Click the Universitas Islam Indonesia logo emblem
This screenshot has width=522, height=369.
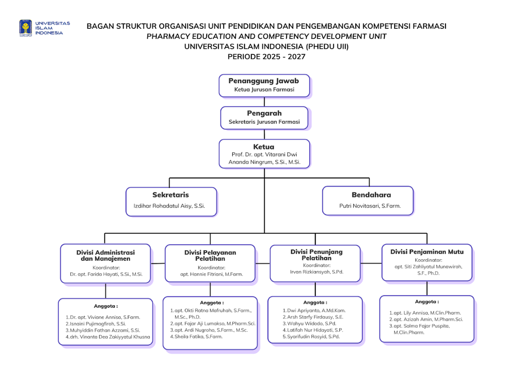[26, 28]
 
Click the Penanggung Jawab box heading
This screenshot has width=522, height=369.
[263, 81]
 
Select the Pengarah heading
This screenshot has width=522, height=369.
[264, 113]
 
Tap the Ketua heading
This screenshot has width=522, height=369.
[263, 147]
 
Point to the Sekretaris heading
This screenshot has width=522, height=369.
[170, 195]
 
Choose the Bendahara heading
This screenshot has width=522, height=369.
[371, 195]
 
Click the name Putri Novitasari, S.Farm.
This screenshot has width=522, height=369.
[369, 206]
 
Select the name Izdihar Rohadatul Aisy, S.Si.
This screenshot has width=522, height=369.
[169, 206]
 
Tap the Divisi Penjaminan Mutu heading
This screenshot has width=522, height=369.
[427, 252]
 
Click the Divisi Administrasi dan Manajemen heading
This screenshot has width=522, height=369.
[105, 255]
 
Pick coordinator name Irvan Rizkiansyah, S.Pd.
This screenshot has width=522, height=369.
[316, 272]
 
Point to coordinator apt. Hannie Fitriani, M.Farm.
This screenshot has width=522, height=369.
[211, 274]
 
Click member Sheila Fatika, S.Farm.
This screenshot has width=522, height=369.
[198, 336]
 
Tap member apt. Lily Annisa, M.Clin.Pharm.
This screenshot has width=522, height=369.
[427, 313]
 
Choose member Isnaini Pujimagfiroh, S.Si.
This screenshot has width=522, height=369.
[97, 324]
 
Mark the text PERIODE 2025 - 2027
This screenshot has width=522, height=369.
[266, 57]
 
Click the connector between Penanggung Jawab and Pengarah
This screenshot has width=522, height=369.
[264, 102]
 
